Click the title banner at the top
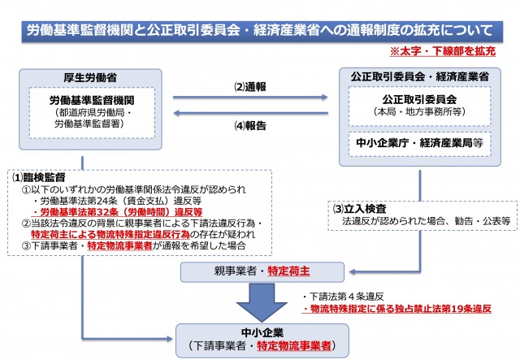[259, 33]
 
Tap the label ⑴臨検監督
[38, 176]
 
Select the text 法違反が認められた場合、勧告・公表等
[424, 220]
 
